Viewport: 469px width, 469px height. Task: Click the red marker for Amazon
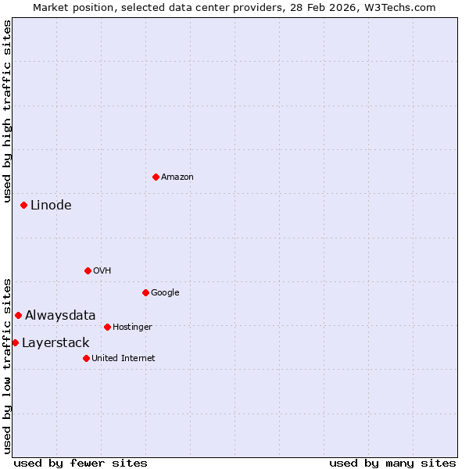tap(156, 177)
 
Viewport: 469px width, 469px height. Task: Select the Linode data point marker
tap(23, 205)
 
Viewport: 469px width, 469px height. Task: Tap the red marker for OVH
tap(88, 270)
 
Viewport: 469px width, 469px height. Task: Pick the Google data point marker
tap(145, 292)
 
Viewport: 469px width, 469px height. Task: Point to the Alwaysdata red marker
tap(18, 315)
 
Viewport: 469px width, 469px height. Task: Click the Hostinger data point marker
tap(107, 327)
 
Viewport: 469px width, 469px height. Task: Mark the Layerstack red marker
tap(15, 342)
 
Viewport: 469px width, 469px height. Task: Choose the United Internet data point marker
tap(86, 358)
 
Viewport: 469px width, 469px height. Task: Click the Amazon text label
tap(177, 177)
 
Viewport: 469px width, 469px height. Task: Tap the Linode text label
tap(51, 205)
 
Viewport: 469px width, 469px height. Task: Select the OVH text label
tap(102, 270)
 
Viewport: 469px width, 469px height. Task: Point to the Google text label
tap(165, 292)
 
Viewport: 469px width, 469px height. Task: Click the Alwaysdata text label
tap(60, 315)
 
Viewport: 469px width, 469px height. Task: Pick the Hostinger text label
tap(132, 327)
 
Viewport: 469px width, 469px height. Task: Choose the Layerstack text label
tap(55, 342)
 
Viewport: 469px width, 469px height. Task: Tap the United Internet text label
tap(123, 358)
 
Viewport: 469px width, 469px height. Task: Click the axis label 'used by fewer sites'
tap(81, 463)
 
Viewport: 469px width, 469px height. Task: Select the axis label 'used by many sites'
tap(392, 463)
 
